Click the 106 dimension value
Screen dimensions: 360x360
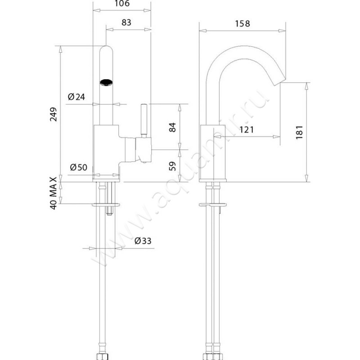(x=122, y=4)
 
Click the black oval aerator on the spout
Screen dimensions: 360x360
(x=106, y=82)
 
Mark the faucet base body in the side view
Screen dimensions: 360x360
(x=213, y=153)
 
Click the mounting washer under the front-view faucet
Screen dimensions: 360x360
(x=106, y=205)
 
